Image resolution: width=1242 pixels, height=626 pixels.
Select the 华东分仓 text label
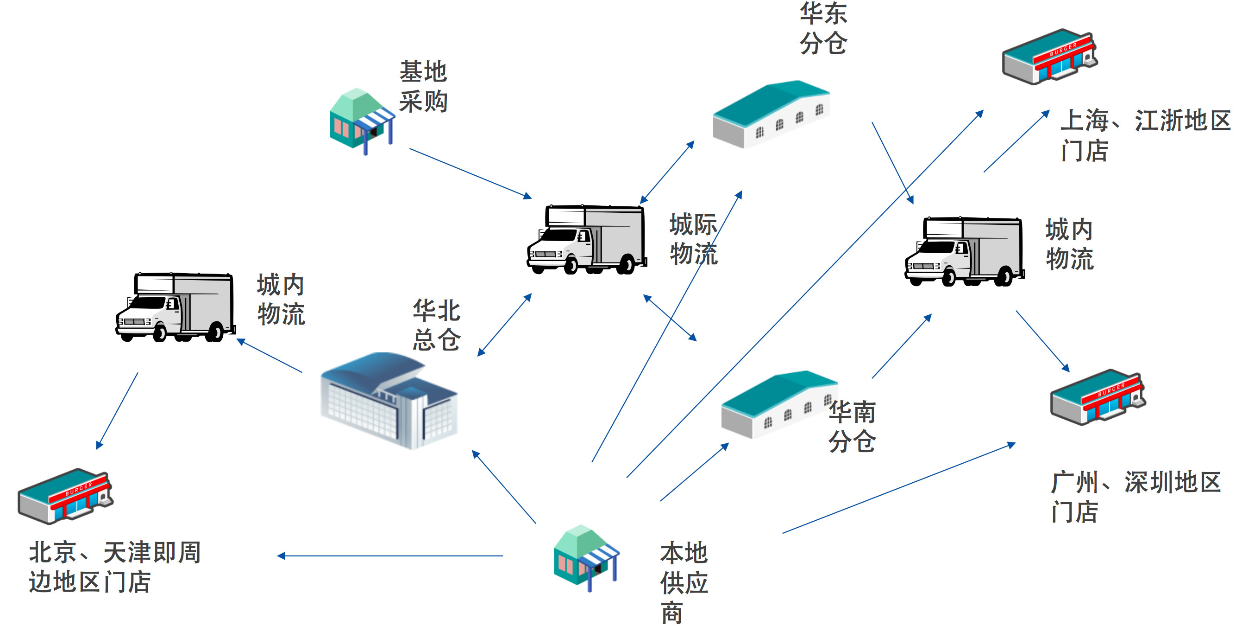pos(823,28)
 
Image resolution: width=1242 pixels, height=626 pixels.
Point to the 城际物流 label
pos(693,239)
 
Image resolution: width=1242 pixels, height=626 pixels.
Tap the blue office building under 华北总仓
pos(389,401)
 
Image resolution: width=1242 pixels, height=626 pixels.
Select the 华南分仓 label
pos(852,427)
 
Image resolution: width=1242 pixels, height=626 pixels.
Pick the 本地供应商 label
pos(683,581)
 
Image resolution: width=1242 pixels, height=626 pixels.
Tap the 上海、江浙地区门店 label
pos(1145,135)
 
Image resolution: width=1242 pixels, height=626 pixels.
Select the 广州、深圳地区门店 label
pos(1135,497)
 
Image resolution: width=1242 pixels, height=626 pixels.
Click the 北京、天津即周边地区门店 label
pos(115,567)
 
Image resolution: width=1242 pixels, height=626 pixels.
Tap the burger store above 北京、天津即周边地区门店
pos(65,496)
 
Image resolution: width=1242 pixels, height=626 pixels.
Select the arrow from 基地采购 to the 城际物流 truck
pos(470,173)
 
